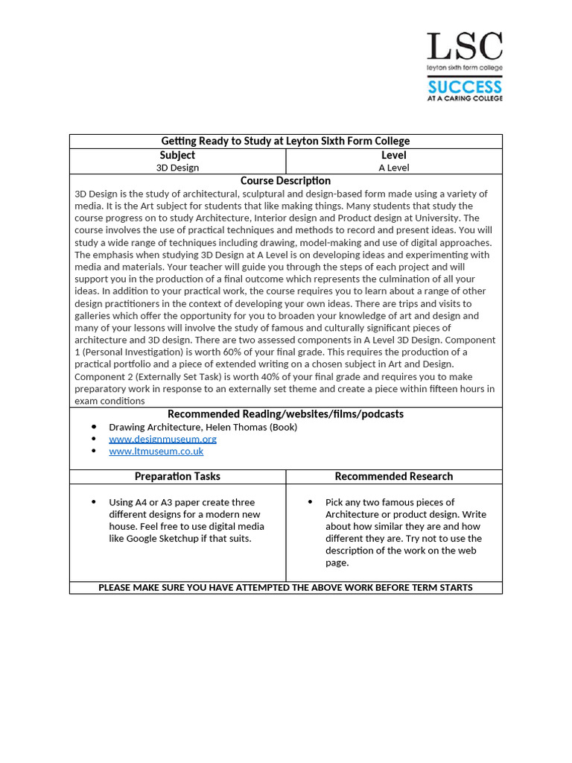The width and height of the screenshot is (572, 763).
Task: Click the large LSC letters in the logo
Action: pyautogui.click(x=464, y=46)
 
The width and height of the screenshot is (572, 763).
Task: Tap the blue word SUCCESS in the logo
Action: pyautogui.click(x=464, y=86)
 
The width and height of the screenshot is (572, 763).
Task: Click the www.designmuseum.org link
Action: pyautogui.click(x=162, y=439)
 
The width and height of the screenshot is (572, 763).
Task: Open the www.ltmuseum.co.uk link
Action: pyautogui.click(x=156, y=451)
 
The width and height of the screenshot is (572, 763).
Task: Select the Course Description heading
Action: pyautogui.click(x=285, y=180)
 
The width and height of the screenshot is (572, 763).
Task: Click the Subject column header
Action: pyautogui.click(x=177, y=155)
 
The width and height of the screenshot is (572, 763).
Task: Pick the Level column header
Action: pyautogui.click(x=394, y=155)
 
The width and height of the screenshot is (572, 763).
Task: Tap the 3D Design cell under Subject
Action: pyautogui.click(x=177, y=168)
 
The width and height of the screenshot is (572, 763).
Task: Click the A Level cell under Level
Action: pyautogui.click(x=394, y=168)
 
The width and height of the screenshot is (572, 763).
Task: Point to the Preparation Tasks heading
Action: pyautogui.click(x=177, y=476)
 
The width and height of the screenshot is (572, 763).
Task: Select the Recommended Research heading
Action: pyautogui.click(x=394, y=476)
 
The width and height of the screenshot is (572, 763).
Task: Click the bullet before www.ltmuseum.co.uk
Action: pyautogui.click(x=94, y=451)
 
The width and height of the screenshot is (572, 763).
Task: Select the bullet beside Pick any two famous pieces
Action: pyautogui.click(x=310, y=502)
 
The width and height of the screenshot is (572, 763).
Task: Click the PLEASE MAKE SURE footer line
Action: pyautogui.click(x=285, y=587)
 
